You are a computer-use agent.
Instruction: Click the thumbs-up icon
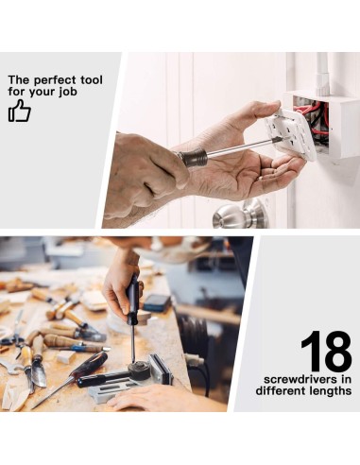[x=20, y=111]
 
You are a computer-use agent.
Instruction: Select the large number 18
[x=326, y=351]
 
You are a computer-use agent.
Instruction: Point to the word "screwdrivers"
[x=296, y=379]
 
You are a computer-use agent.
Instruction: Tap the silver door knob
[x=240, y=215]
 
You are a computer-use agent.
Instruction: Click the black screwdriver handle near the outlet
[x=192, y=158]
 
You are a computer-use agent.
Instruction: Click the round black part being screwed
[x=139, y=370]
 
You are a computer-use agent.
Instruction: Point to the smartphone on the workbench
[x=157, y=303]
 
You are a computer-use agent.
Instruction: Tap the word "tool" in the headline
[x=92, y=79]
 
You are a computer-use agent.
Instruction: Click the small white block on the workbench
[x=66, y=357]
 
